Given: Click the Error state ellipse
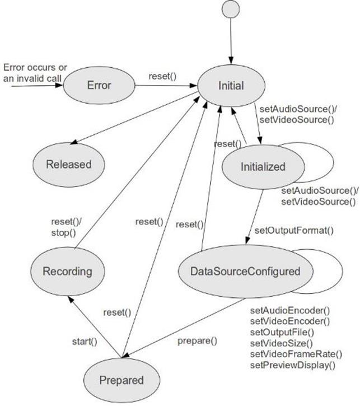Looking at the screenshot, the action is coord(99,85).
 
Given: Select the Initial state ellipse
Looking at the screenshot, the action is coord(231,86).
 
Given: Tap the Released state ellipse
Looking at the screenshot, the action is coord(69,165).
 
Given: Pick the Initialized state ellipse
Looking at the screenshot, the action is coord(263,167).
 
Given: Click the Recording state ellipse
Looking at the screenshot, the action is coord(68,272).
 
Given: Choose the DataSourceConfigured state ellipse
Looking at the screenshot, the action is coord(245,272).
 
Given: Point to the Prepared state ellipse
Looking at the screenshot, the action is coord(121,380).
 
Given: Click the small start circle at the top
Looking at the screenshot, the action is coord(231,9).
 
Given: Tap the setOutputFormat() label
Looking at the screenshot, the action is coord(294,230).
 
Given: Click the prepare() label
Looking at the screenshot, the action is coord(197,341).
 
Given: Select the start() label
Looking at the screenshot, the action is coord(85,342).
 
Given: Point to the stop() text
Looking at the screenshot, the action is coord(64,233).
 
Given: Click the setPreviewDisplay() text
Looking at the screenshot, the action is coord(293,365).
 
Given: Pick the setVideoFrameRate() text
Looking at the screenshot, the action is coord(296,354).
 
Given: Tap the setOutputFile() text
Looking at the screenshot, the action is coord(282,332).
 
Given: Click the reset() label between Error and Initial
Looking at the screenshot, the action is coord(162,76).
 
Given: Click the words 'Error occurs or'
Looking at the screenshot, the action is coord(35,68).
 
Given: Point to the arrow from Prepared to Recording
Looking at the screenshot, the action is coord(95,327).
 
